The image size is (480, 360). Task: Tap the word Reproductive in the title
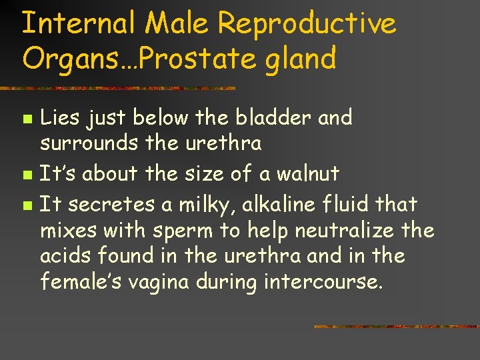coord(307,25)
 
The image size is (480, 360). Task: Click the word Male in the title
coord(179,24)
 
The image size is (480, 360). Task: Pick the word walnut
coord(305,174)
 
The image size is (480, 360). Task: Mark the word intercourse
coord(323,283)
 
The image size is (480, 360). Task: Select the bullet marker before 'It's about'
coord(26,175)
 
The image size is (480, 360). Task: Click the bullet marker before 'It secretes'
coord(26,205)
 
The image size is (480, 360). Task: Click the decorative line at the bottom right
coord(396,327)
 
